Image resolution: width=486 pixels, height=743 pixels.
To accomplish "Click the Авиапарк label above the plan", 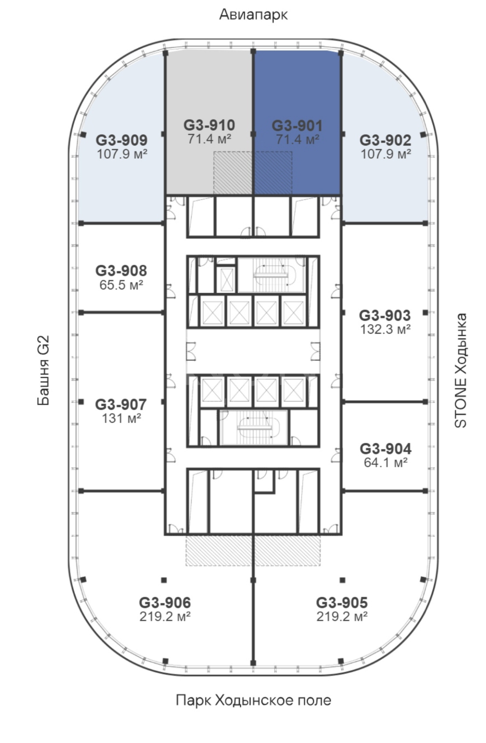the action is tap(253, 14).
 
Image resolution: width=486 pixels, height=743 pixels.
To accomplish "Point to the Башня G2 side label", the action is tap(43, 370).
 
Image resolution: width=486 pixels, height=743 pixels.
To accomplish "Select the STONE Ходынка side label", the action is tap(460, 370).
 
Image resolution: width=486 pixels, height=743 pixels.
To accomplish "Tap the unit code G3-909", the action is tap(121, 140).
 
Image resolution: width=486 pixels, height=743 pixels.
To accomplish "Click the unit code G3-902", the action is tap(386, 140).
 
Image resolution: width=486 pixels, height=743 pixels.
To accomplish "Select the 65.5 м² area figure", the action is tap(121, 285).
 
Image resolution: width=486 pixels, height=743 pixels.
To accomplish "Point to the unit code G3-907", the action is tap(121, 404).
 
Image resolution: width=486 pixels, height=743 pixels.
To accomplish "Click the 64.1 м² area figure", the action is tap(386, 462).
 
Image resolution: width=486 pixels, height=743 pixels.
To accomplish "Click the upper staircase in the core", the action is tap(271, 275).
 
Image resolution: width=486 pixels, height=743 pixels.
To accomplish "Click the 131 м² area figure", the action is tap(121, 418).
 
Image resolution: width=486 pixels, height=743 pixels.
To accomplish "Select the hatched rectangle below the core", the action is tap(253, 550).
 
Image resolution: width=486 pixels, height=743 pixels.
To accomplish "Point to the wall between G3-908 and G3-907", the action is tap(122, 312).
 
